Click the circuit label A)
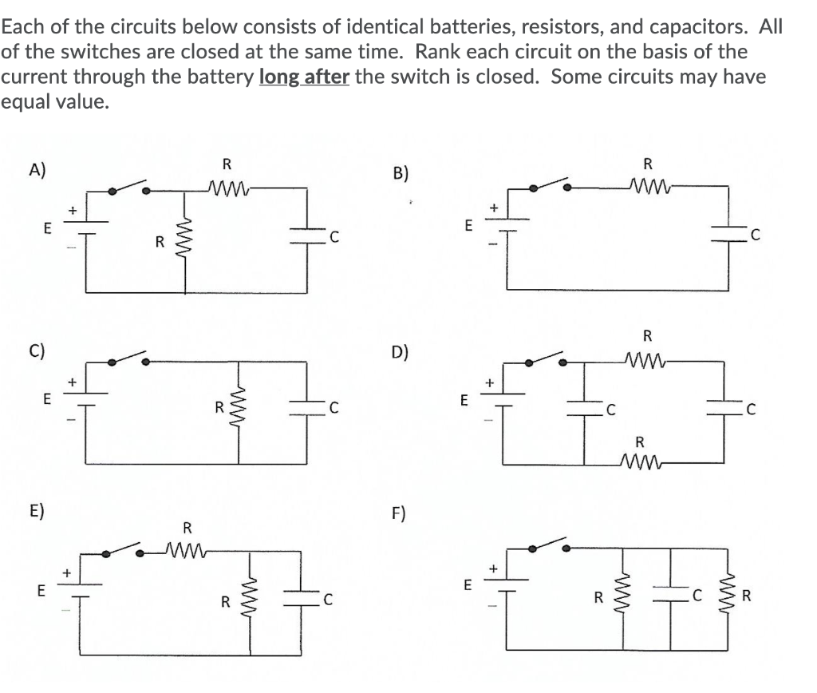(37, 169)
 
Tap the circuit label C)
(37, 349)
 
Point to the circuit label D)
(401, 352)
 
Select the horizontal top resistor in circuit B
(647, 188)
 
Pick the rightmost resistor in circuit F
(725, 595)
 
